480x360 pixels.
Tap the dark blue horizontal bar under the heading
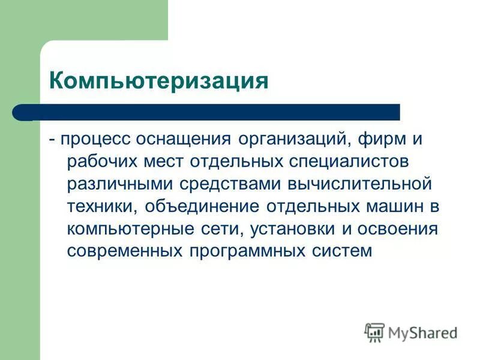click(207, 112)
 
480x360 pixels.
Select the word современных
click(127, 249)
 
